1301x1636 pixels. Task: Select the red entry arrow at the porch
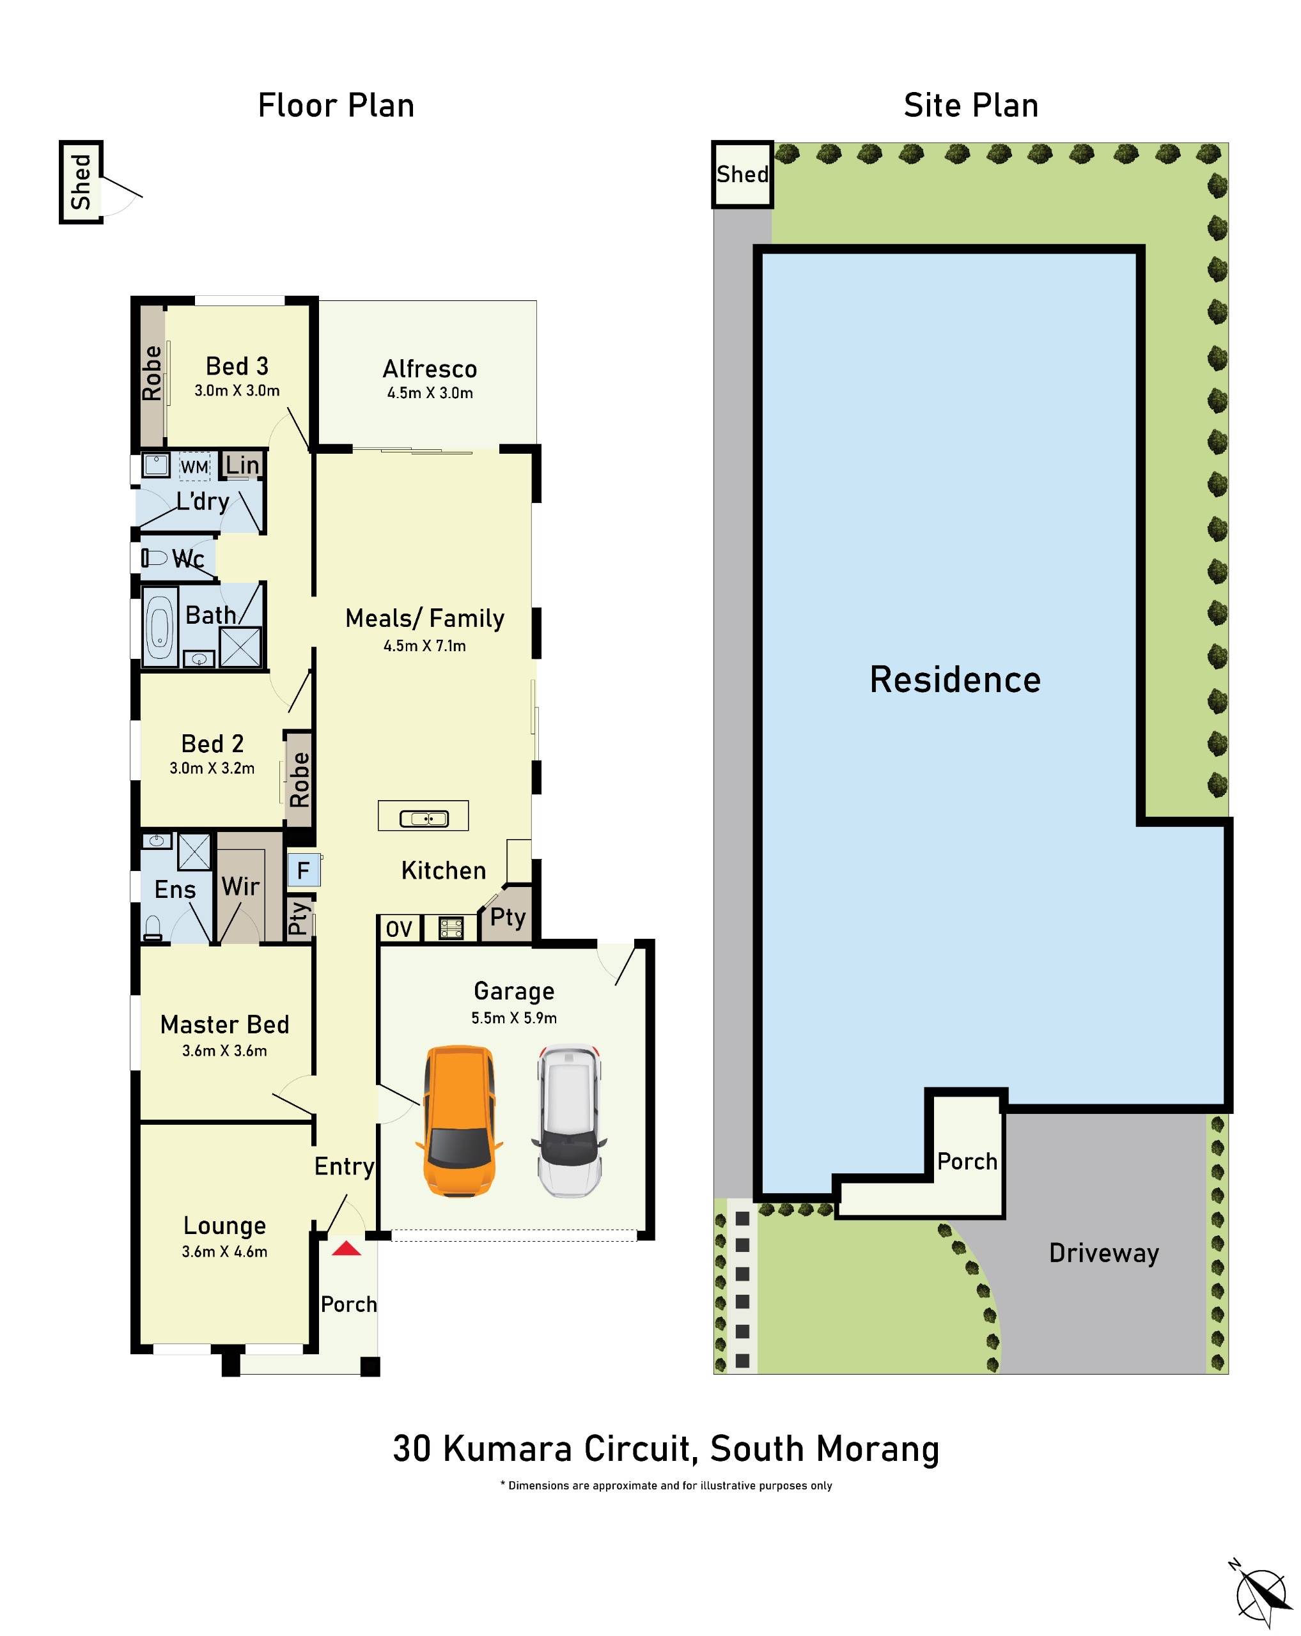(346, 1248)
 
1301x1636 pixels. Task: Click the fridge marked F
(303, 870)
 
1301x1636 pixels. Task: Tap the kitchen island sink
(424, 819)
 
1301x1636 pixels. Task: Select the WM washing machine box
(194, 467)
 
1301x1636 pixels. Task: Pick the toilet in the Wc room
(154, 559)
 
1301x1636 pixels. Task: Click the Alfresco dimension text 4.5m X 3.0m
(430, 393)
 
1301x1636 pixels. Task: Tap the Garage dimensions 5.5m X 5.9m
(514, 1018)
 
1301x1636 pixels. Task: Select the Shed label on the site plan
(742, 174)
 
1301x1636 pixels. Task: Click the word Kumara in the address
(506, 1449)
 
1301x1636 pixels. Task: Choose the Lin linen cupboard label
(242, 465)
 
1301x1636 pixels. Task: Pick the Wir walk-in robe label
(240, 886)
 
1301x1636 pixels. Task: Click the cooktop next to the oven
(451, 928)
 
